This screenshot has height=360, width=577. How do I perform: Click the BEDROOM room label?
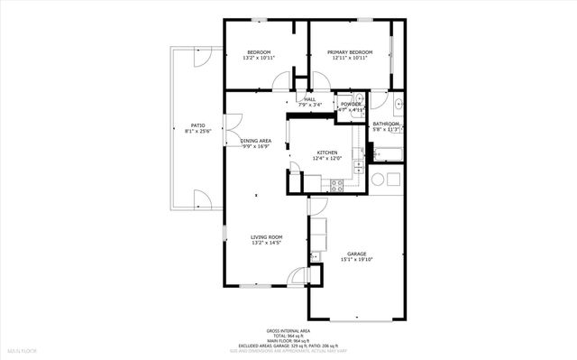tap(260, 52)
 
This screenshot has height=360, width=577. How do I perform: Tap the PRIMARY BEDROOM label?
tap(349, 52)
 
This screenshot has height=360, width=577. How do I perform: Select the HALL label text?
tap(309, 98)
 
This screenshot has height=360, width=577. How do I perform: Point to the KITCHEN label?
tap(326, 152)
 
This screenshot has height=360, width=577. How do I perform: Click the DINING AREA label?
tap(256, 141)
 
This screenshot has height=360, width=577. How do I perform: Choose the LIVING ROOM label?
tap(266, 236)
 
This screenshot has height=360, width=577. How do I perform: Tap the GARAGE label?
tap(356, 254)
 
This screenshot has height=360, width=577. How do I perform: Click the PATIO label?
tap(198, 125)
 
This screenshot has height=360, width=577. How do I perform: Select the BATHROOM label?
tap(387, 124)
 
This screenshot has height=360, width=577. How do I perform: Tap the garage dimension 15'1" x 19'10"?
tap(356, 261)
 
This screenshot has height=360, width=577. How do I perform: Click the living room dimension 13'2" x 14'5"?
tap(266, 243)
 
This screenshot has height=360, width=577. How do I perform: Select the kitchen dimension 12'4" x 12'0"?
tap(326, 158)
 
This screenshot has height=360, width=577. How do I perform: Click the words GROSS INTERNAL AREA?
tap(288, 332)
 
